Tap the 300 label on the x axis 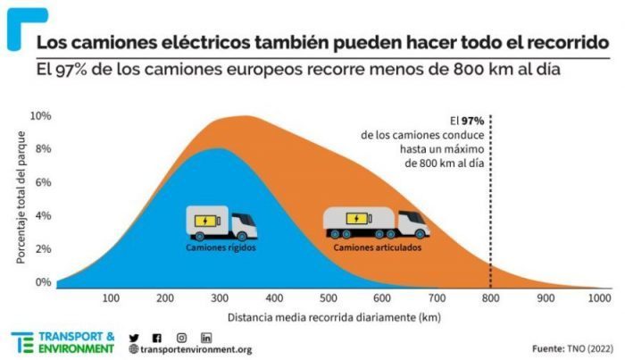[220, 298]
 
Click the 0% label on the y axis [43, 282]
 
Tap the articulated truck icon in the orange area [375, 223]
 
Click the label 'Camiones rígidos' [221, 247]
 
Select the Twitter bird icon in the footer [134, 337]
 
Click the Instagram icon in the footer [181, 337]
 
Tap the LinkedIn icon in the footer [206, 337]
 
